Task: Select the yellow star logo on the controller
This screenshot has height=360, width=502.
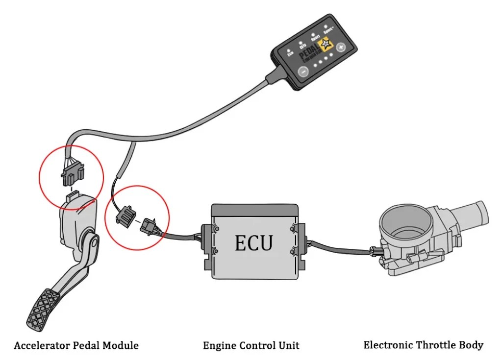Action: (326, 47)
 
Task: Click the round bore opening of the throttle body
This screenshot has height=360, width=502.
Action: (404, 223)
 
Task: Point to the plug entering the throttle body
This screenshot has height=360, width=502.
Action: (376, 252)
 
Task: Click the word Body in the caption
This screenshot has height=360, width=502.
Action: (472, 345)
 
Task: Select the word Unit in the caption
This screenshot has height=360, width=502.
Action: (289, 346)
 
